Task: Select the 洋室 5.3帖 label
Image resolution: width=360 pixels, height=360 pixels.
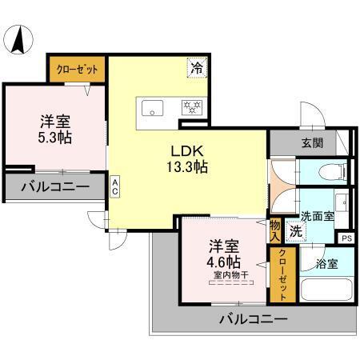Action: (x=56, y=129)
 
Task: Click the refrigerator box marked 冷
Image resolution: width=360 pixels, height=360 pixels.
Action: (x=196, y=69)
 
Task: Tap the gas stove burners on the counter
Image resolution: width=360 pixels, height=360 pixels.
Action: (x=193, y=105)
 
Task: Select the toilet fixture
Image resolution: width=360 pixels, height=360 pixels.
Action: (x=330, y=170)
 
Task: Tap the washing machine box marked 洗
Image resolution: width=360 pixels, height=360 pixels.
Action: (x=295, y=231)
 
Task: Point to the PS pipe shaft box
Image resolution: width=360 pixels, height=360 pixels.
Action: (x=346, y=238)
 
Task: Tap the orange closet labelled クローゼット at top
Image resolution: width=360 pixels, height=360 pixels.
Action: (x=78, y=70)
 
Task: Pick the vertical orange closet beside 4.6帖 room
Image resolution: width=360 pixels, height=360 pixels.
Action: (x=282, y=275)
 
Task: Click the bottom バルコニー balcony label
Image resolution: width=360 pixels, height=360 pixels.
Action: (x=254, y=320)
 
